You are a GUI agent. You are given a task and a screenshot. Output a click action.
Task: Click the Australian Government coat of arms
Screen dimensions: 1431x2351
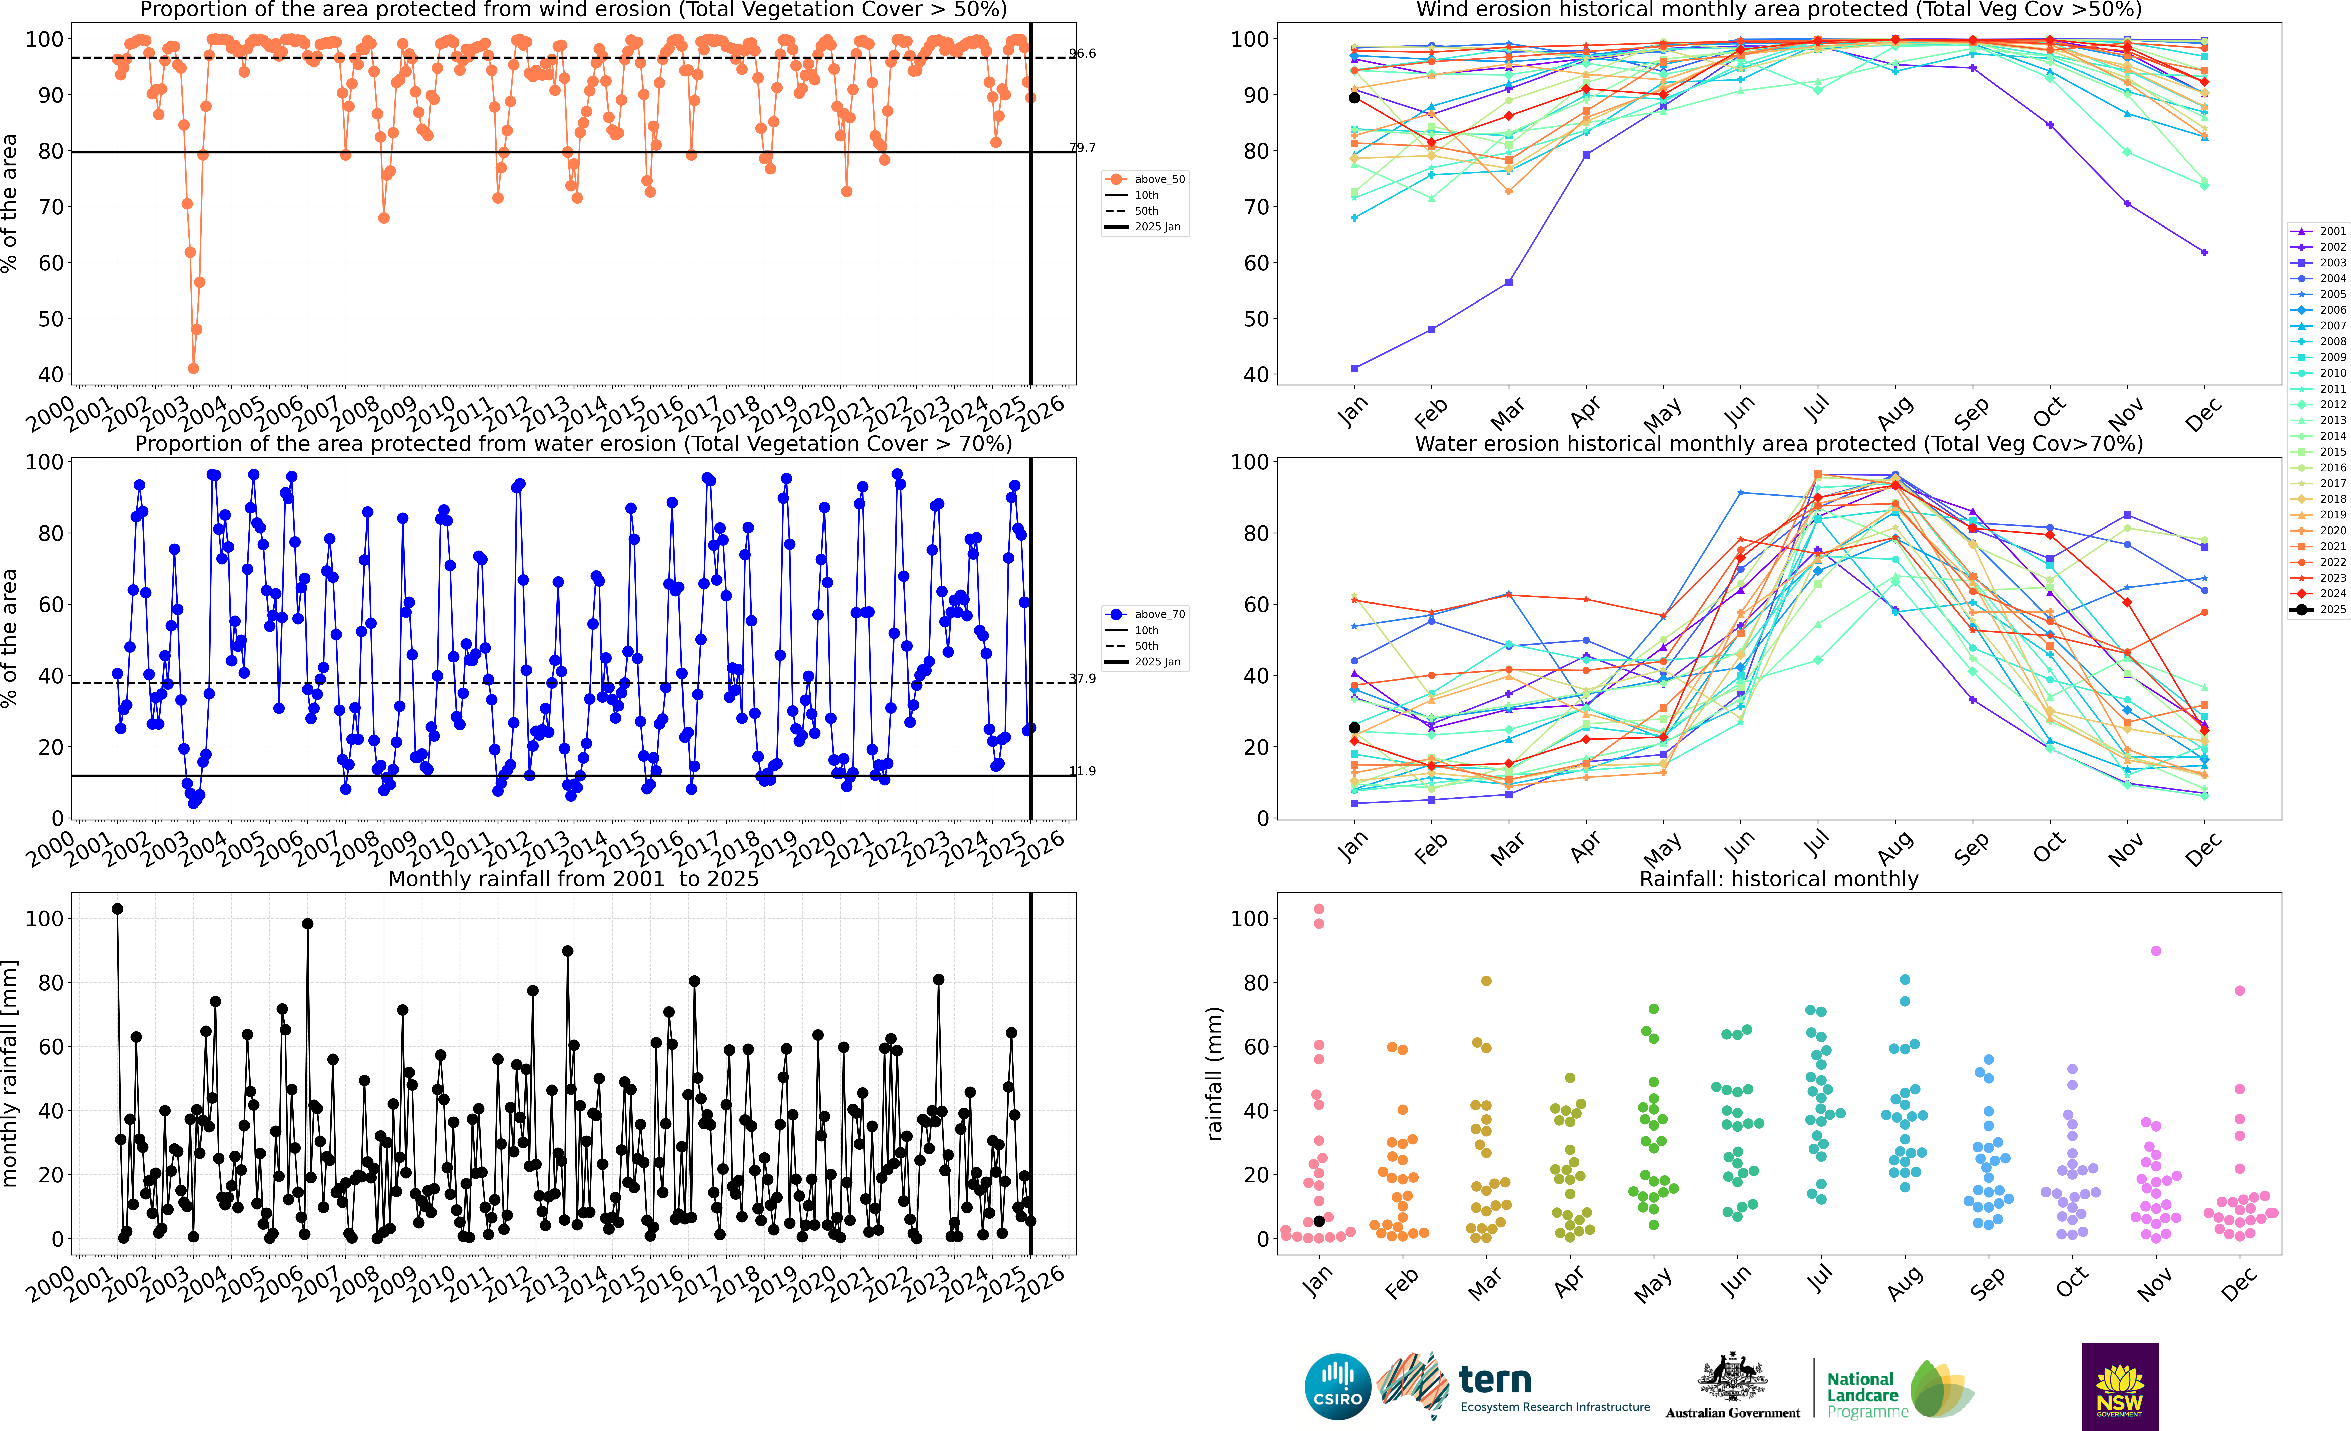click(1732, 1379)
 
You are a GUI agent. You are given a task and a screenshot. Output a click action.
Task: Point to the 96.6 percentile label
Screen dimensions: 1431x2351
click(1082, 53)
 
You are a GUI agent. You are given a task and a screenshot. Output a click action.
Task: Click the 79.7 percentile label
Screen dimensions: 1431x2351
click(1082, 148)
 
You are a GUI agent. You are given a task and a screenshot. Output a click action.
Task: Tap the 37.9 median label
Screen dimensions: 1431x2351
click(1082, 678)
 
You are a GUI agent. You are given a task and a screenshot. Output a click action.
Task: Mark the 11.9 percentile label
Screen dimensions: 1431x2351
click(1082, 771)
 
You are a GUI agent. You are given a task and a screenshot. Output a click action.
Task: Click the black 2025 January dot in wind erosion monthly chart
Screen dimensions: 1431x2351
click(1354, 97)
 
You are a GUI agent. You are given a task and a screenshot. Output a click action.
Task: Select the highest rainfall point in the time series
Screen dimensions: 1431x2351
click(117, 909)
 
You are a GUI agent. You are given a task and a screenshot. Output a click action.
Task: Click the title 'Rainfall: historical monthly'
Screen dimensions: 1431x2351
click(1779, 879)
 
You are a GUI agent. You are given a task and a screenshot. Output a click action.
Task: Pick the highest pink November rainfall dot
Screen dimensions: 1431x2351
click(2155, 951)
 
